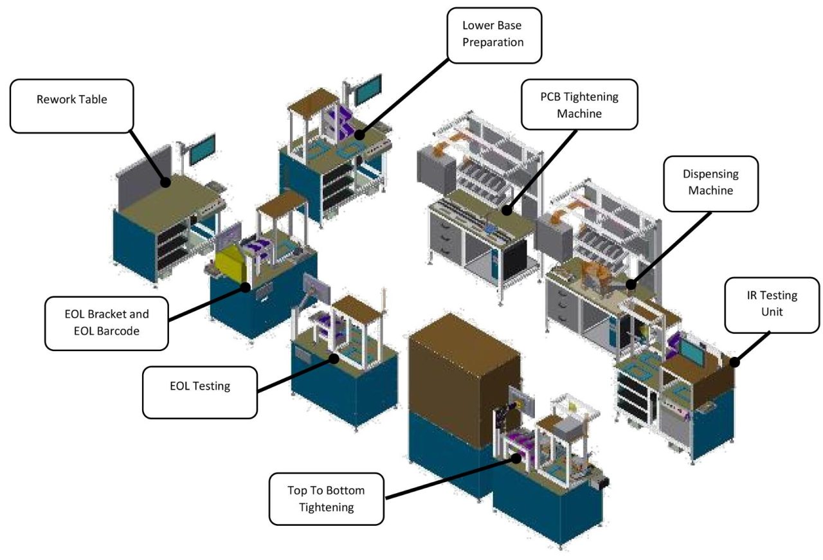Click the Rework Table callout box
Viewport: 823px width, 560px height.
72,106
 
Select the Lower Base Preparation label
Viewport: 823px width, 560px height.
494,35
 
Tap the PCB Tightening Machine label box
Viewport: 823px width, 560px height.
579,104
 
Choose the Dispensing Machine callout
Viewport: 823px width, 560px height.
710,183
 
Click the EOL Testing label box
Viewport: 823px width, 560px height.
199,392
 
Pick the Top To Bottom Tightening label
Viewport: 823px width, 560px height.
327,499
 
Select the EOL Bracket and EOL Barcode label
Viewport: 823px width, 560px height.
107,323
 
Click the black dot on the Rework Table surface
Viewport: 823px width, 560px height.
165,183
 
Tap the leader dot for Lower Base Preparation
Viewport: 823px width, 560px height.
359,136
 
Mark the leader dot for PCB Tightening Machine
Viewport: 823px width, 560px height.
507,210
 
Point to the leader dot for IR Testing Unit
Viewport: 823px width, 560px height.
734,363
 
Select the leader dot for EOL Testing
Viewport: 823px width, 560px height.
334,358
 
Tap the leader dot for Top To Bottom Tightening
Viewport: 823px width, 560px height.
516,458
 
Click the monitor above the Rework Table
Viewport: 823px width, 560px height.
202,149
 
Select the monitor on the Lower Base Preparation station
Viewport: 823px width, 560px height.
370,89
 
